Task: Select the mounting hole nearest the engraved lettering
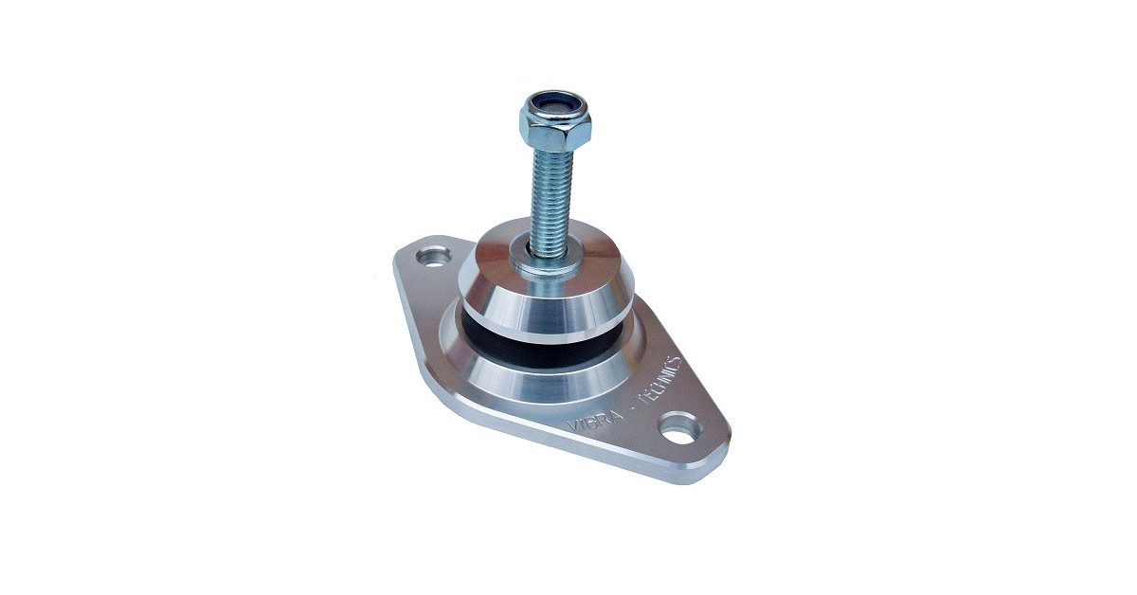679,429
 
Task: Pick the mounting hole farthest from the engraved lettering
435,256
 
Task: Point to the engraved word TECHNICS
660,378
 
